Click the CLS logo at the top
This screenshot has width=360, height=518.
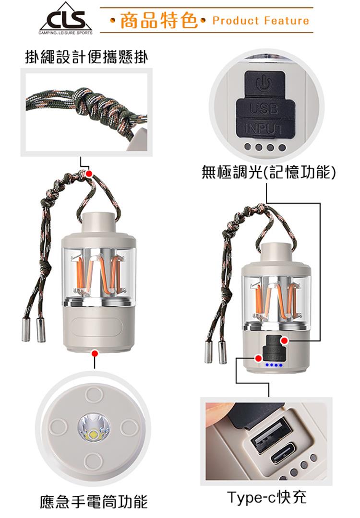65,19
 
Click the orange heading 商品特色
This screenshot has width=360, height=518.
159,20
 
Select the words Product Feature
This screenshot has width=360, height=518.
261,21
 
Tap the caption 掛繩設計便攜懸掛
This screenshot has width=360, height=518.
86,57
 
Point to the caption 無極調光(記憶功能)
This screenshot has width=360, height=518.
269,172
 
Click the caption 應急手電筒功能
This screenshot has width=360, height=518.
94,502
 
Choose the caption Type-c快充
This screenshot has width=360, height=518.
267,497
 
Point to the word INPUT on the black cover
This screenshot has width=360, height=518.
264,129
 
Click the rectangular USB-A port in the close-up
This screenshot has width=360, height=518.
271,435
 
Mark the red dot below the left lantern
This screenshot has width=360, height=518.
95,353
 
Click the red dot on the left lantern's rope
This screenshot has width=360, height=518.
89,174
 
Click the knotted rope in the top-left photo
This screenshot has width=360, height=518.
89,106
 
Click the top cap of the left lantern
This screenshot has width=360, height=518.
98,224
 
